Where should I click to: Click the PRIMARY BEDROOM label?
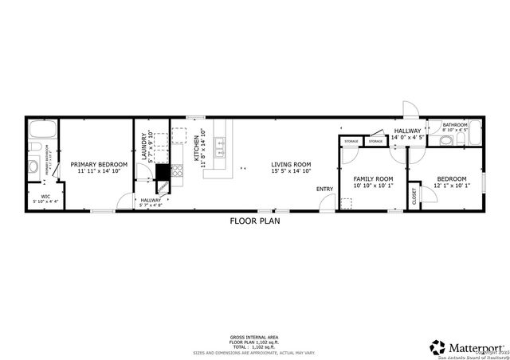pos(99,165)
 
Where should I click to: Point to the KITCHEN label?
pos(196,147)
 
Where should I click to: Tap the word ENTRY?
pos(324,189)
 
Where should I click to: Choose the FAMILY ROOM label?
pos(373,178)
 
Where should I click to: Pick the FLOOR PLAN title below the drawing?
pos(253,221)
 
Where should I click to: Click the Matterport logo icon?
pos(437,347)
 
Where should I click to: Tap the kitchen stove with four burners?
pos(178,170)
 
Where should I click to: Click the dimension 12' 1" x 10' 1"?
pos(452,186)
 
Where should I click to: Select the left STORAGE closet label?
pos(351,142)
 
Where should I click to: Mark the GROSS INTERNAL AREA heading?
pos(254,338)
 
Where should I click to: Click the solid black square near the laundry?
pos(162,171)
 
